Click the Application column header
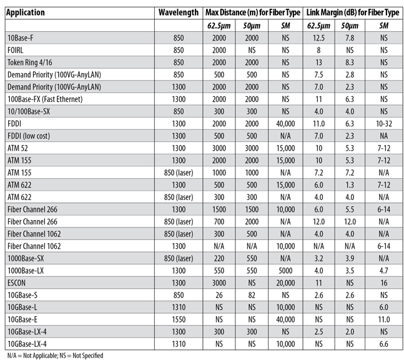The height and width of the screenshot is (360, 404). (25, 12)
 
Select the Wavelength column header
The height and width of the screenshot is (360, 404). (179, 12)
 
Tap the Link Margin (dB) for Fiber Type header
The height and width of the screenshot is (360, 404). (353, 12)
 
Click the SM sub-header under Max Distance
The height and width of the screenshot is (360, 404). (285, 26)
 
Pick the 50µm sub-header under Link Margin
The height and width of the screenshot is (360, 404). (350, 26)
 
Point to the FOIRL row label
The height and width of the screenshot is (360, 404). (15, 50)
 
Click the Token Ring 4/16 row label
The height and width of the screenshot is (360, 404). (29, 62)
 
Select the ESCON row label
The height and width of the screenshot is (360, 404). (16, 283)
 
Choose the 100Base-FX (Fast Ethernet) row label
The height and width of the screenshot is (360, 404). (45, 99)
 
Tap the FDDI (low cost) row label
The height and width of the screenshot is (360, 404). (29, 136)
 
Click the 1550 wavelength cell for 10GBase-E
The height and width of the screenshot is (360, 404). (179, 319)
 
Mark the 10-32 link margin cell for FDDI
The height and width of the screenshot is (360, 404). (384, 124)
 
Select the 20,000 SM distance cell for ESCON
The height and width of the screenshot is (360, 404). (285, 283)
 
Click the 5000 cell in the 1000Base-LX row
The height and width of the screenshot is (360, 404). (285, 271)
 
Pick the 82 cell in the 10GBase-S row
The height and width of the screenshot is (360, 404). (252, 295)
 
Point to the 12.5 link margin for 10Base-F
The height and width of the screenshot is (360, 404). (318, 38)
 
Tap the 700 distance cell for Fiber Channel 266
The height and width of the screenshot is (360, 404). (219, 221)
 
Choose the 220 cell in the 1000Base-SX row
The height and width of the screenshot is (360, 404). (219, 258)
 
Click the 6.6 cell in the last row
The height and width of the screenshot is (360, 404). (384, 344)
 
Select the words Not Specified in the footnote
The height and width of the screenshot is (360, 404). (88, 356)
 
